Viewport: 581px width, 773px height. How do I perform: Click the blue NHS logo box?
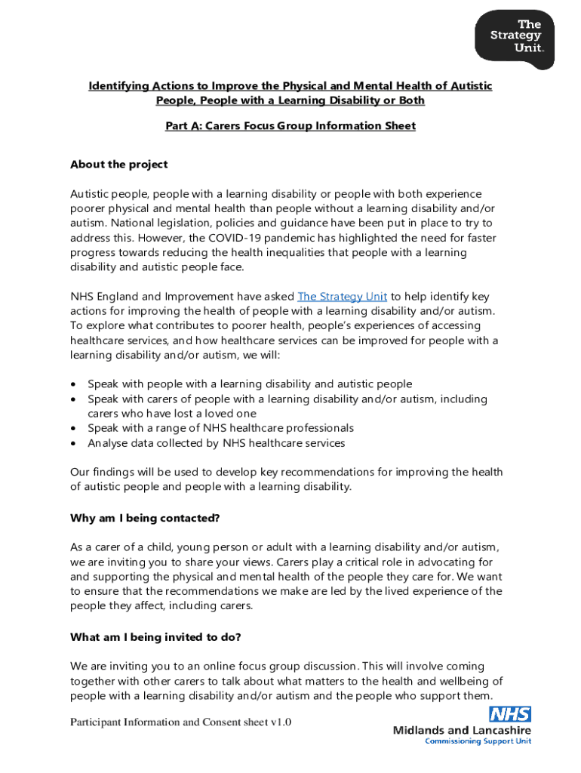(510, 714)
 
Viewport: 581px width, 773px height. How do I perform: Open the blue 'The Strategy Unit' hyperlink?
(343, 297)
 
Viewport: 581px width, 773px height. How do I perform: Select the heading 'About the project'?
(119, 165)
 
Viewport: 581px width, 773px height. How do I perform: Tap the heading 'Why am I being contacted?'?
(145, 518)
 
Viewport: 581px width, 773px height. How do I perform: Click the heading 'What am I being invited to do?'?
(155, 637)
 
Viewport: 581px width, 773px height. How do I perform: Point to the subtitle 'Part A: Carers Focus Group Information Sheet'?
(290, 126)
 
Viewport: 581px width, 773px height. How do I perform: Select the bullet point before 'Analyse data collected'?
(73, 444)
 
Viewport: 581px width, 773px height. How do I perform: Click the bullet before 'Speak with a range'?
(73, 429)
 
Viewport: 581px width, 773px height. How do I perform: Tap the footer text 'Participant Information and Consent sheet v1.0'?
(180, 722)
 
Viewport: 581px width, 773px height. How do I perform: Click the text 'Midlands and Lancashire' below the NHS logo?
(462, 730)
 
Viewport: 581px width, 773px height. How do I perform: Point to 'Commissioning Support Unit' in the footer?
(478, 741)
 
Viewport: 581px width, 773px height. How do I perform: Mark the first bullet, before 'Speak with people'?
(73, 385)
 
